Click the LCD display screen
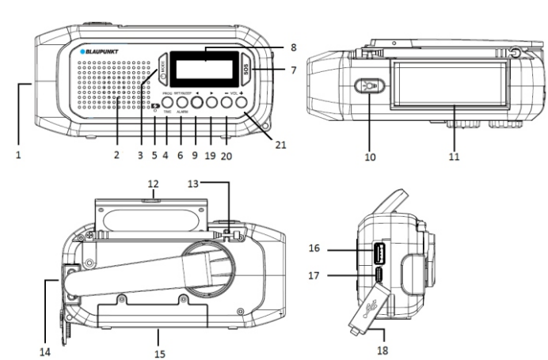pyautogui.click(x=204, y=70)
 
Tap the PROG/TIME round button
pyautogui.click(x=168, y=101)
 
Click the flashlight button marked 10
pyautogui.click(x=369, y=85)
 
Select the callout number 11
pyautogui.click(x=455, y=157)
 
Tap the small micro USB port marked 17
pyautogui.click(x=379, y=275)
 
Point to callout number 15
pyautogui.click(x=159, y=353)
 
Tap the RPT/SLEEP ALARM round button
pyautogui.click(x=182, y=101)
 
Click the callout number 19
pyautogui.click(x=211, y=156)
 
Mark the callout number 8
pyautogui.click(x=270, y=47)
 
